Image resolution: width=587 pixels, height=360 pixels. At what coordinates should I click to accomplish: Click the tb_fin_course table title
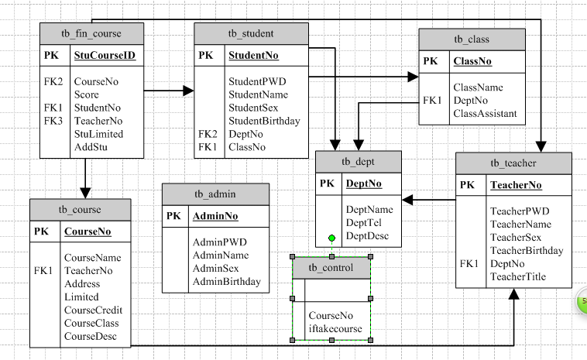tap(91, 33)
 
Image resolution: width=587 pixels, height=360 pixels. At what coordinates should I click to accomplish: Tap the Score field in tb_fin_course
tap(87, 94)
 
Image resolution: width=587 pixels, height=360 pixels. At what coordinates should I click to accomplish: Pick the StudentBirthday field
tap(264, 121)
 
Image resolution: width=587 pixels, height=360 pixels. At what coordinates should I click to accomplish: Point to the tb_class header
tap(472, 39)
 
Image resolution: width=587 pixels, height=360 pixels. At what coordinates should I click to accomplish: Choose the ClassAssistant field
tap(485, 114)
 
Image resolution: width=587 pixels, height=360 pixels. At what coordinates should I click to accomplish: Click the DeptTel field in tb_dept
tap(364, 223)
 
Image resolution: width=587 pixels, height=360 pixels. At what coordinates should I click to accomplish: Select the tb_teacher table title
tap(513, 163)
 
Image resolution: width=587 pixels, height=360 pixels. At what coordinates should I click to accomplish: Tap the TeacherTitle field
tap(518, 276)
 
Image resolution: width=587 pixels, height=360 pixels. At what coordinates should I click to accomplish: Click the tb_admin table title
tap(216, 194)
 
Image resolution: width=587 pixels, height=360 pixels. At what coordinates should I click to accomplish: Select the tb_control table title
tap(331, 268)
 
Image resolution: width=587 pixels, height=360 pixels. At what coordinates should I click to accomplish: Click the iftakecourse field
tap(335, 328)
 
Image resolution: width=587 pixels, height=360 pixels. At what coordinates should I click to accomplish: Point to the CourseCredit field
tap(93, 310)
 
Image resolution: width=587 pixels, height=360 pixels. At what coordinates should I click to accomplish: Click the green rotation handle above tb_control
tap(331, 238)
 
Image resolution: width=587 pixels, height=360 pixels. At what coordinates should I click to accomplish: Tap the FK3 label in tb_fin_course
tap(53, 121)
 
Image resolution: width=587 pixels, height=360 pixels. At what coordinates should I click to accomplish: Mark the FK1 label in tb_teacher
tap(469, 264)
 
